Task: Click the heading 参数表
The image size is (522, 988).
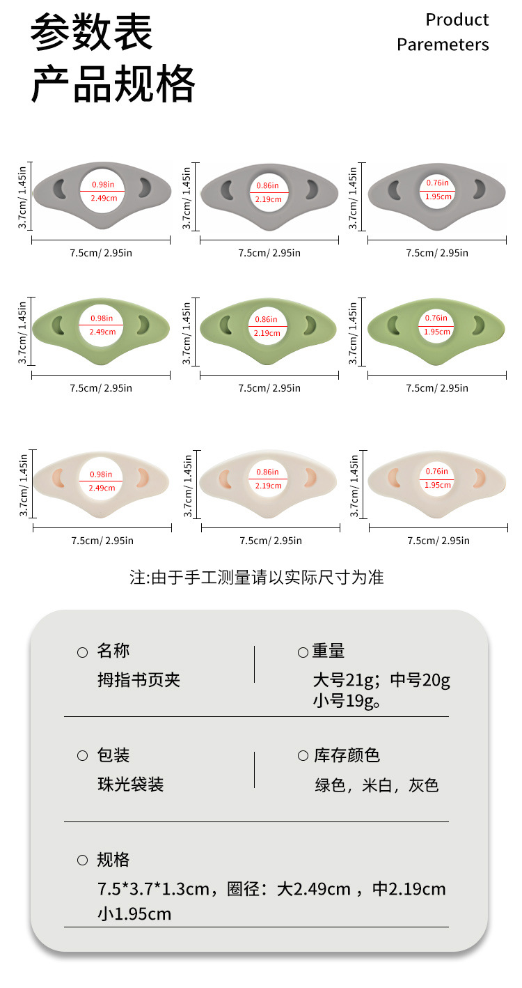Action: pyautogui.click(x=91, y=33)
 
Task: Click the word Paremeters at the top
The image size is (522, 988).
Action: pyautogui.click(x=443, y=45)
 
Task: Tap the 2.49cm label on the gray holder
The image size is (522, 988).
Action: pyautogui.click(x=103, y=198)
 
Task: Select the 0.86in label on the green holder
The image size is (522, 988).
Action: pyautogui.click(x=268, y=319)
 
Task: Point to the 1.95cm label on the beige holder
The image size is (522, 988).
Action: pyautogui.click(x=438, y=484)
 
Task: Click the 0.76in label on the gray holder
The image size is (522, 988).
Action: pyautogui.click(x=437, y=183)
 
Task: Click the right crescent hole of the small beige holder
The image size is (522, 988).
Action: pyautogui.click(x=479, y=477)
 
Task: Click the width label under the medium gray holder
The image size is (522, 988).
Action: pyautogui.click(x=269, y=253)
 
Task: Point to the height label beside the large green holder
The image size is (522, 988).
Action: pyautogui.click(x=22, y=332)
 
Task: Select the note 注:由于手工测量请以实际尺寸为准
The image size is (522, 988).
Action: pyautogui.click(x=257, y=577)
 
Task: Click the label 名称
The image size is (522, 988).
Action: pyautogui.click(x=113, y=651)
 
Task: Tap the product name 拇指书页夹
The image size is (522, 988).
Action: pyautogui.click(x=139, y=679)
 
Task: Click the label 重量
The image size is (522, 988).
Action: pyautogui.click(x=329, y=651)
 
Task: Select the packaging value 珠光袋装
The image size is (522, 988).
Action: pyautogui.click(x=130, y=785)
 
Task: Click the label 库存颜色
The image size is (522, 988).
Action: pyautogui.click(x=346, y=755)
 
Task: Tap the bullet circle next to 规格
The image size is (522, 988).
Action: pyautogui.click(x=82, y=860)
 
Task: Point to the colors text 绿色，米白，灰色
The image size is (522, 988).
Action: pyautogui.click(x=377, y=785)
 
